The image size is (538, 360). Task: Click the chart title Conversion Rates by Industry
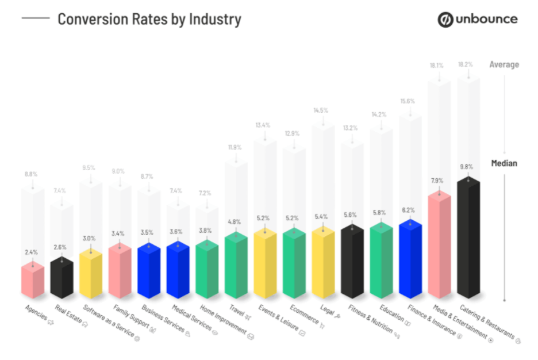coord(149,20)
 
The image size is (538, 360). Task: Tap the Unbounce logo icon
coord(445,20)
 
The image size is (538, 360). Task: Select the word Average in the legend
coord(504,64)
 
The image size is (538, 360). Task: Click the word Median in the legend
coord(504,163)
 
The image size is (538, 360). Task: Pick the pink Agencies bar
coord(33,282)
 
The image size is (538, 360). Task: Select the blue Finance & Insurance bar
coord(410,259)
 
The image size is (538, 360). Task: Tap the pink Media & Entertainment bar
coord(440,247)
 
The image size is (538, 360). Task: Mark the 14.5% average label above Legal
coord(321,110)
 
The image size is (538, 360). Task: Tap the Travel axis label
coord(240,314)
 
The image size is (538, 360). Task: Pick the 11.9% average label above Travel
coord(234,147)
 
